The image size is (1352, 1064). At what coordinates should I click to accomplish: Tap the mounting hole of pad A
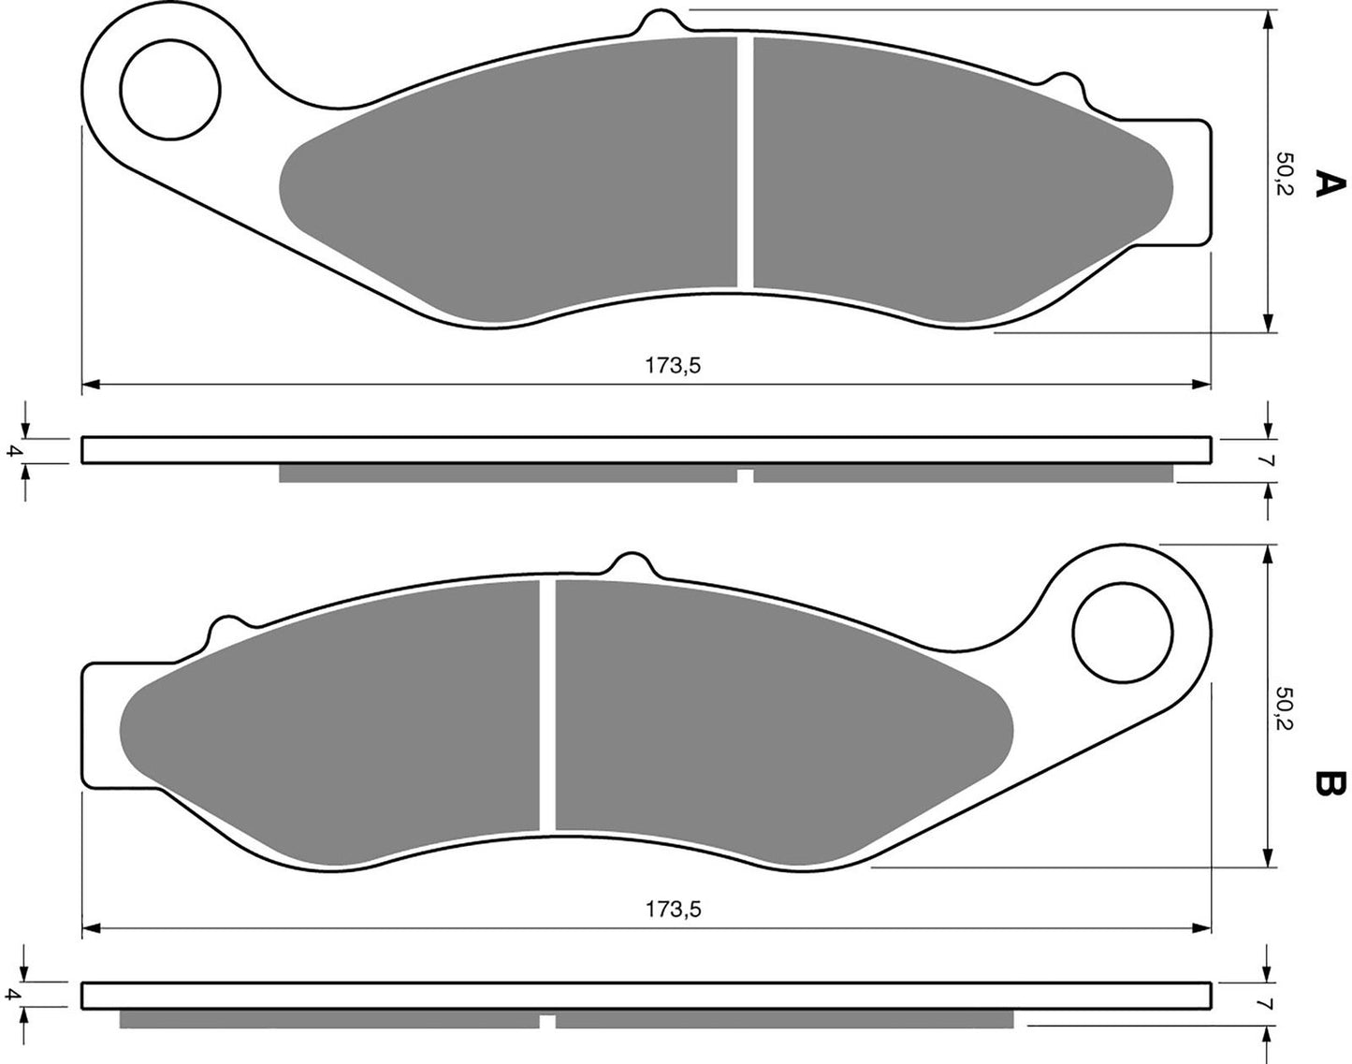[x=170, y=89]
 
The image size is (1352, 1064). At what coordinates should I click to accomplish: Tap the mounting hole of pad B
[x=1123, y=634]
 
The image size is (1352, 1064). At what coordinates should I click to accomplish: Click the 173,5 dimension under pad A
[x=673, y=365]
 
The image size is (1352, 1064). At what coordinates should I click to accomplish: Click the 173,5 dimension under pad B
[x=673, y=909]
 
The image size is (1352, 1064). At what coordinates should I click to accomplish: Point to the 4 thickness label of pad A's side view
[x=11, y=450]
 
